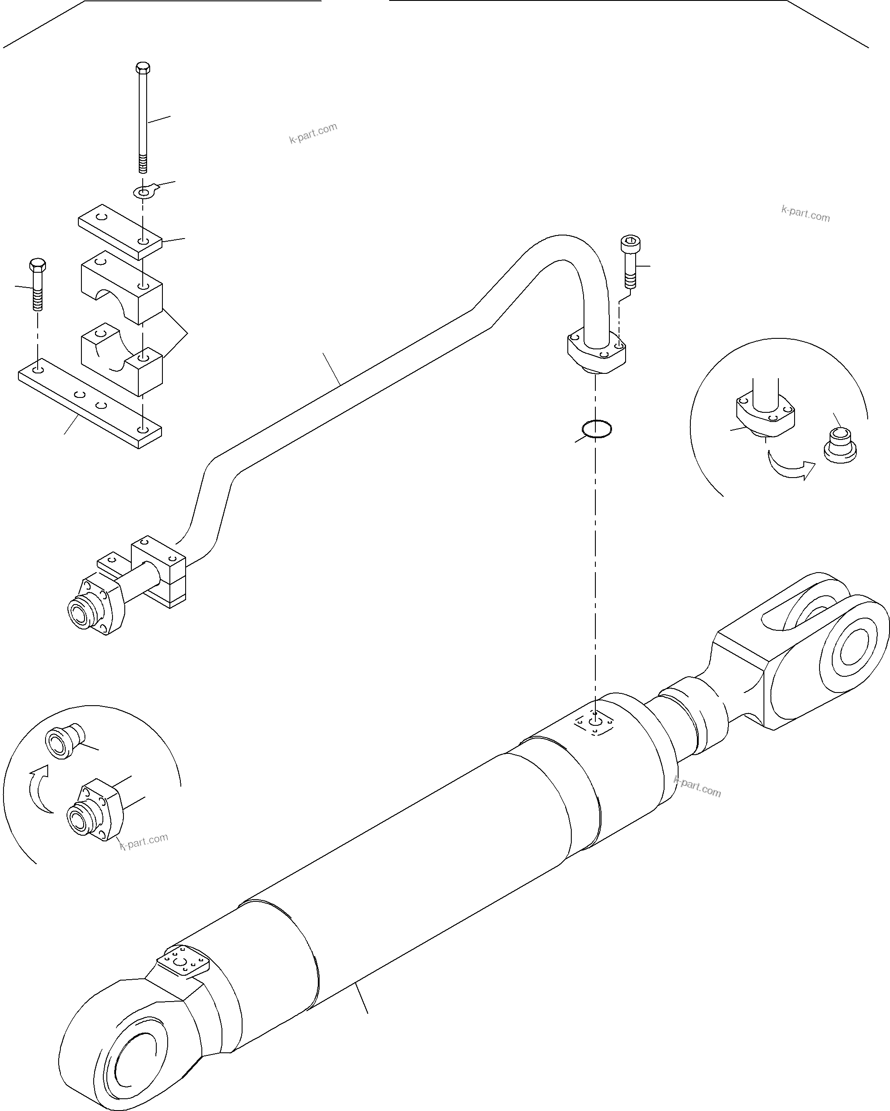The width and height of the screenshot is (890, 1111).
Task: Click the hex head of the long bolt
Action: point(143,68)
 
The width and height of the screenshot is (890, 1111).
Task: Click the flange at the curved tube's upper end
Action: point(597,352)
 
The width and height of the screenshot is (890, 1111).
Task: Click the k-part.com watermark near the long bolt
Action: point(313,133)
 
